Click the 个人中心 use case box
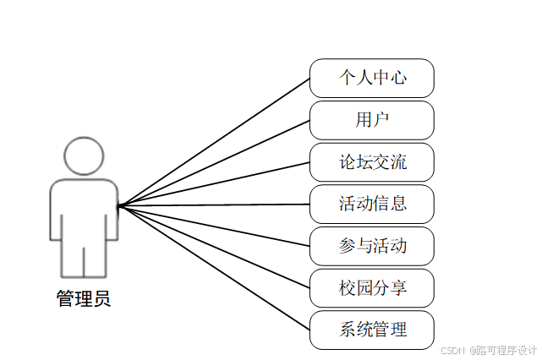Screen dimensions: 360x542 [x=372, y=78]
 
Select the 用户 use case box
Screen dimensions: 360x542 [x=372, y=120]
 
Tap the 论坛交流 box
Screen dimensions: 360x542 [x=372, y=161]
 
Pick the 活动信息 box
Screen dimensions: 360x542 [x=372, y=204]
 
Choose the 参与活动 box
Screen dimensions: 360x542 [x=372, y=246]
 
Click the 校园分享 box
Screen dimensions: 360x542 [x=372, y=288]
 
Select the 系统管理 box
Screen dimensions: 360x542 [x=372, y=330]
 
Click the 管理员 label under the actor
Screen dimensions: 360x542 [x=83, y=299]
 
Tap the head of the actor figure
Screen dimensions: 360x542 [x=84, y=155]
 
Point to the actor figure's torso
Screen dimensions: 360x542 [x=84, y=211]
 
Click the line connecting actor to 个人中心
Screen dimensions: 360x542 [x=214, y=141]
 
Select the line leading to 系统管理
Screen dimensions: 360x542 [x=214, y=267]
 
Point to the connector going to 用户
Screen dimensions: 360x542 [x=214, y=162]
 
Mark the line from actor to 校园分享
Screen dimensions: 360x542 [x=214, y=246]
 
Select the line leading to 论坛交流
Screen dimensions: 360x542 [x=214, y=183]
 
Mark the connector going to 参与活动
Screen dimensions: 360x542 [x=214, y=225]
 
